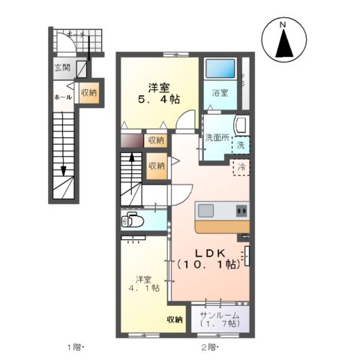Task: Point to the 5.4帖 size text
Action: (x=157, y=98)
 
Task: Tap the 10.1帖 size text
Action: (x=208, y=264)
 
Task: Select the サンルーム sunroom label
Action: (x=219, y=315)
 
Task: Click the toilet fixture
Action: (x=133, y=220)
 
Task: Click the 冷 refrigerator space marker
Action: (x=241, y=168)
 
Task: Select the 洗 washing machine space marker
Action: (x=241, y=144)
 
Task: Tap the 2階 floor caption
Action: (x=209, y=347)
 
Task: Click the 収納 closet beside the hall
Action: (x=88, y=93)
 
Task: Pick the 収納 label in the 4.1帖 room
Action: (x=175, y=320)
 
